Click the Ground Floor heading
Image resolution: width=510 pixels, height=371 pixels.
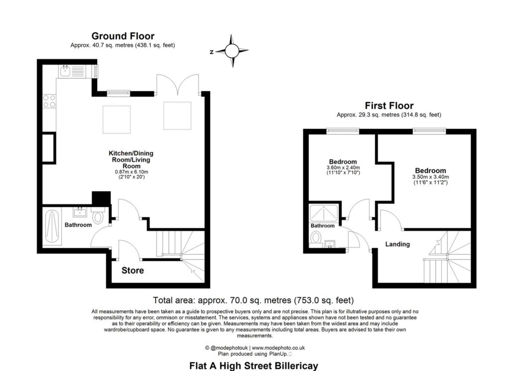[123, 36]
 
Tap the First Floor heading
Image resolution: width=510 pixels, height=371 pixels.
[389, 106]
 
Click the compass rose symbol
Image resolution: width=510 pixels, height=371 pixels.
[232, 51]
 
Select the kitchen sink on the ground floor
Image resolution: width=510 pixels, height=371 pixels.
[65, 71]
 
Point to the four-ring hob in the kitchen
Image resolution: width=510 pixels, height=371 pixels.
[49, 101]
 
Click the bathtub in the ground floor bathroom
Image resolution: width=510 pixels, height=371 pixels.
[52, 227]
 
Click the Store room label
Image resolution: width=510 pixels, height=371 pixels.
[132, 270]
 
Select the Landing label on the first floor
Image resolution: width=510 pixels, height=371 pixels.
[397, 244]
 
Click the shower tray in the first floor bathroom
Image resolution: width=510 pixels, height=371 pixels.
[324, 213]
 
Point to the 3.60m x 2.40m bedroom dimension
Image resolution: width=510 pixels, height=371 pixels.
[343, 170]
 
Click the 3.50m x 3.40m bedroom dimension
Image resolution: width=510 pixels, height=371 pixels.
[431, 180]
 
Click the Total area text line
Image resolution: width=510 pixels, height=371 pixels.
[254, 300]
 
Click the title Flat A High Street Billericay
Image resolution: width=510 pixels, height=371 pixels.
[254, 366]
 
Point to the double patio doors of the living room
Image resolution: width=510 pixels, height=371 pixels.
[178, 85]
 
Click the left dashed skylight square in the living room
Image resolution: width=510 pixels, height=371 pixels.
[117, 120]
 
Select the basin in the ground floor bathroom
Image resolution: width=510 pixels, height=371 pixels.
[80, 212]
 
